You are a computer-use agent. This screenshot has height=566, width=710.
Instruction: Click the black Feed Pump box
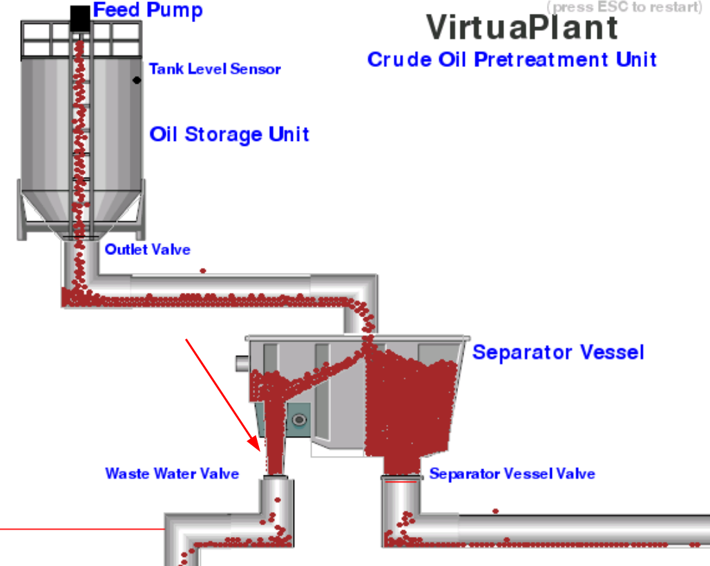[x=80, y=18]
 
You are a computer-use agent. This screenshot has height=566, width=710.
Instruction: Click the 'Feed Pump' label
[x=148, y=10]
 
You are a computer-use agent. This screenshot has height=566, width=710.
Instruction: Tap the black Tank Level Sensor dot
[x=137, y=80]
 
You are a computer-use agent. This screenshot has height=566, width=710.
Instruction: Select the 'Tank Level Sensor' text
[x=215, y=69]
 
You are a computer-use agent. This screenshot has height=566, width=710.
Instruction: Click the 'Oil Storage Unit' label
[x=229, y=134]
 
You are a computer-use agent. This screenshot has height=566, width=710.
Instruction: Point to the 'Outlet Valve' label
[x=147, y=249]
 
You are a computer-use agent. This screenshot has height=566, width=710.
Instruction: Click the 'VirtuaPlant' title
[x=521, y=28]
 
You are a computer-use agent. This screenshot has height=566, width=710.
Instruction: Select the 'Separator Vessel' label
[x=558, y=352]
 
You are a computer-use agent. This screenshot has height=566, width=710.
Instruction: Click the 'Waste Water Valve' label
[x=172, y=474]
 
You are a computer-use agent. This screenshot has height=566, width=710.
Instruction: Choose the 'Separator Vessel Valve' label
[x=512, y=474]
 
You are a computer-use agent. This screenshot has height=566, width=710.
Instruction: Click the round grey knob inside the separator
[x=299, y=419]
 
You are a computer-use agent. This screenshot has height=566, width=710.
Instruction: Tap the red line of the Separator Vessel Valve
[x=401, y=482]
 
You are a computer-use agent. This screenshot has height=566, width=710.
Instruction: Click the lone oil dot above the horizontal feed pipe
[x=202, y=270]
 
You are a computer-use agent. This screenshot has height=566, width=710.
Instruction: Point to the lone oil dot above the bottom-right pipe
[x=495, y=511]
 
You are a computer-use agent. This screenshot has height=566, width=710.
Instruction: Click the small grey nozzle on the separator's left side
[x=241, y=363]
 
